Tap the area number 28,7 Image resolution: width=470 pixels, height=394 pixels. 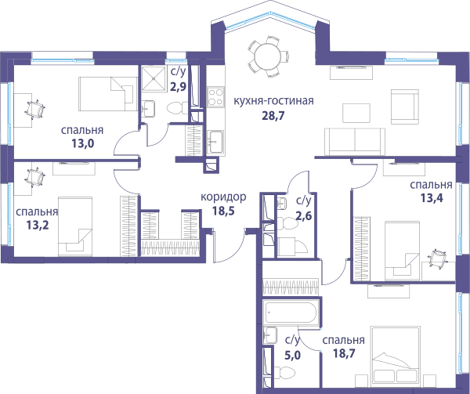(x=273, y=115)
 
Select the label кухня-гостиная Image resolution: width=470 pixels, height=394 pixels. (x=273, y=101)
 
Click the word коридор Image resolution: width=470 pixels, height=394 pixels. (x=223, y=197)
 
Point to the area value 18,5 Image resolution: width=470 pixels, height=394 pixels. (x=223, y=211)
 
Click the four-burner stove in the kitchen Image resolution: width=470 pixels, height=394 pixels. (x=216, y=97)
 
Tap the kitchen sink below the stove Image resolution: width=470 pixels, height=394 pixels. (x=216, y=142)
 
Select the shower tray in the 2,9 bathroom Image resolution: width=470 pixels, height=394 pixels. (x=154, y=78)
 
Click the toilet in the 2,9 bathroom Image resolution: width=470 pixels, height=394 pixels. (x=177, y=108)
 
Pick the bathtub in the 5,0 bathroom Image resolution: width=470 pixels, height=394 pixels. (x=290, y=312)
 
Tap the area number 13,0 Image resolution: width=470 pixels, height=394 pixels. (x=82, y=144)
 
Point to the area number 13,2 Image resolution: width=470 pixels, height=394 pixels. (x=37, y=225)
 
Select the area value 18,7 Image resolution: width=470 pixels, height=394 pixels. (x=344, y=353)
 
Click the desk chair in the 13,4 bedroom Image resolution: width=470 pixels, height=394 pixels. (x=437, y=258)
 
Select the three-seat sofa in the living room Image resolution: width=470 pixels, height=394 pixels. (x=355, y=142)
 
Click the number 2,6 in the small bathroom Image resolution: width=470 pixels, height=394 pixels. (x=304, y=215)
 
